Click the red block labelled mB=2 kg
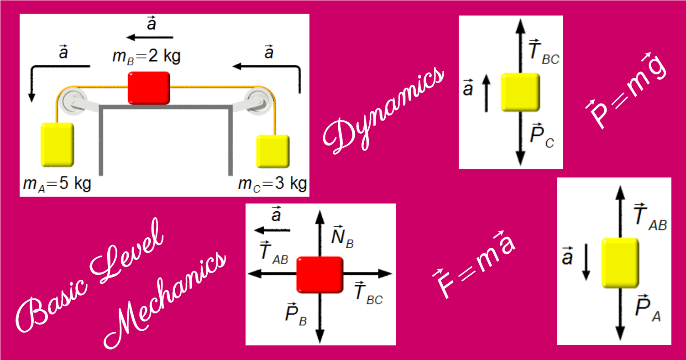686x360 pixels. [x=148, y=88]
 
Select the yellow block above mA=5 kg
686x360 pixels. [x=57, y=144]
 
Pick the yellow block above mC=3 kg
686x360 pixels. [x=272, y=151]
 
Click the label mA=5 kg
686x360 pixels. [x=57, y=184]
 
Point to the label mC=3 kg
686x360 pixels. [x=272, y=184]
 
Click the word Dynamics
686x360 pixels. [x=383, y=110]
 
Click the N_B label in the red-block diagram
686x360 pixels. [x=341, y=236]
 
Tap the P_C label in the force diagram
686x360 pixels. [x=541, y=136]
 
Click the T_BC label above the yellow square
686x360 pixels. [x=543, y=53]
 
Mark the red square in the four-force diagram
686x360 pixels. [x=319, y=274]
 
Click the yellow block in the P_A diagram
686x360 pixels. [x=620, y=262]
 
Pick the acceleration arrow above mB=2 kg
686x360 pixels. [x=150, y=37]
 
